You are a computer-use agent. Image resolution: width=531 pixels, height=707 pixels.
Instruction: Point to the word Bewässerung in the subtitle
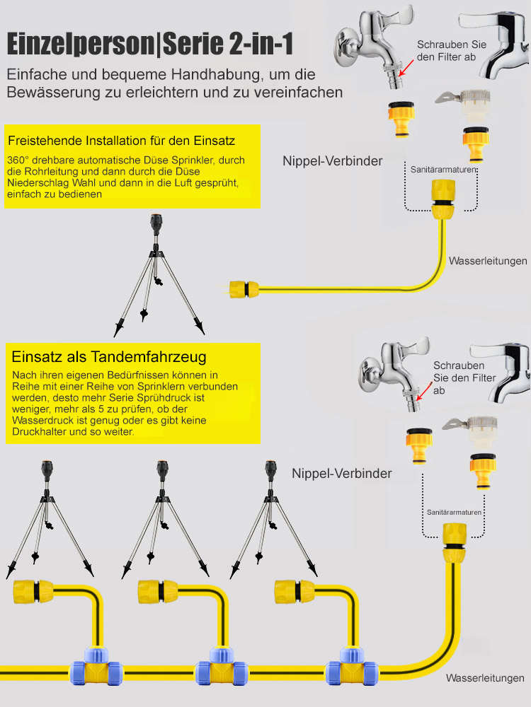coord(48,93)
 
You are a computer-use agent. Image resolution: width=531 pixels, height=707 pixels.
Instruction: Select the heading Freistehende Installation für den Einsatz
coord(120,140)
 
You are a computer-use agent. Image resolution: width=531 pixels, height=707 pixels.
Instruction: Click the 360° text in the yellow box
coord(21,160)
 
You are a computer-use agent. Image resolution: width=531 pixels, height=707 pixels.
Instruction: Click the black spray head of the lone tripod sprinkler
coord(156,227)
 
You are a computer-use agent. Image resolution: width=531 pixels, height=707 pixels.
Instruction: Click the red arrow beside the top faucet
coord(406,68)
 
